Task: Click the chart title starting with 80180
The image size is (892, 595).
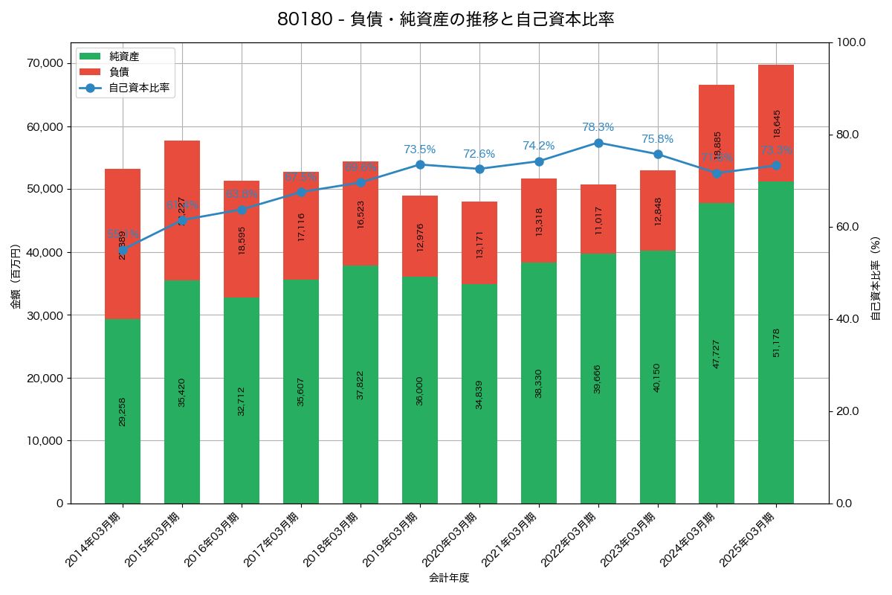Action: coord(445,19)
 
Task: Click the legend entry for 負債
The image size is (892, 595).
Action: coord(119,72)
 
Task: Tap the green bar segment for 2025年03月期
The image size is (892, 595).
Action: coord(776,342)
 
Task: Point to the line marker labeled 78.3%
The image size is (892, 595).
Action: coord(598,143)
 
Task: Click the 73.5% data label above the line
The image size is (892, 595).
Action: coord(420,149)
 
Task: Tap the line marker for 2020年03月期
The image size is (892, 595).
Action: coord(479,169)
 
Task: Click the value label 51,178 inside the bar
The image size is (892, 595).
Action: coord(776,342)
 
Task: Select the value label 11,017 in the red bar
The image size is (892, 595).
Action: coord(598,220)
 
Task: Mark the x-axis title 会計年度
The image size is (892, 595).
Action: coord(449,577)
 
